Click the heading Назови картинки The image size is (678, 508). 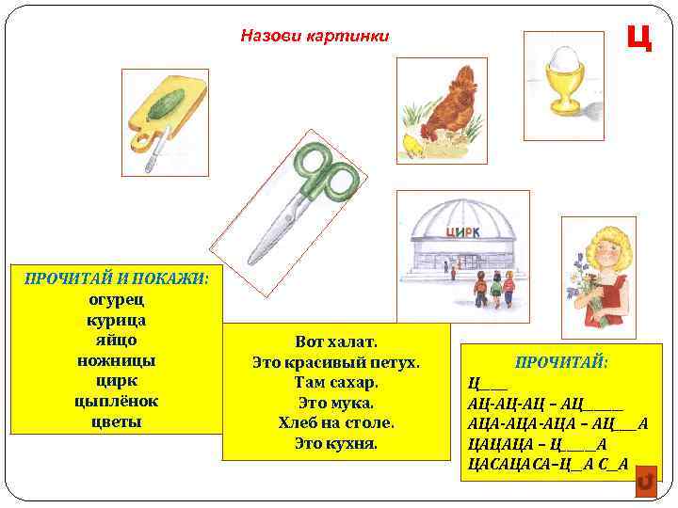tap(315, 36)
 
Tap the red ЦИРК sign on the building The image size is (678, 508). tap(462, 232)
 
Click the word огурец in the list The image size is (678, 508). tap(117, 299)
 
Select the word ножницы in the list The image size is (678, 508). tap(117, 360)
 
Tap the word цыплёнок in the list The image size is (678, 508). tap(117, 402)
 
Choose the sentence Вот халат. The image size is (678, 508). tap(336, 341)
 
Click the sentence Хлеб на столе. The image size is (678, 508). tap(336, 422)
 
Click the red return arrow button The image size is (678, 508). tap(645, 482)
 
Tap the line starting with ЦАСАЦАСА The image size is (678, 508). tap(547, 464)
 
